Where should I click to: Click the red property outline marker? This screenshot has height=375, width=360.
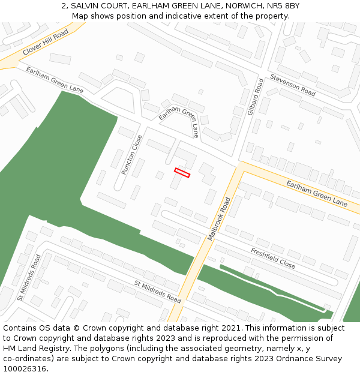pos(182,173)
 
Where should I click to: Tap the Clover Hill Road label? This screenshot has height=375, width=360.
pos(46,43)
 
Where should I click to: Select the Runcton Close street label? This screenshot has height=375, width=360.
pos(132,155)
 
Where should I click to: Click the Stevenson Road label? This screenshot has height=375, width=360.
pos(292,85)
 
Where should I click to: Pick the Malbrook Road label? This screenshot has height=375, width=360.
pos(219,219)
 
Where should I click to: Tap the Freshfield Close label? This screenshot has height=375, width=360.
pos(273,257)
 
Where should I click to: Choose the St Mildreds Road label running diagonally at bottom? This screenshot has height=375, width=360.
pos(157,291)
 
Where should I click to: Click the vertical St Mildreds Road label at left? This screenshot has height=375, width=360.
pos(29,277)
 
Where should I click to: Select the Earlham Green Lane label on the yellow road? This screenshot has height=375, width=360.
pos(317,193)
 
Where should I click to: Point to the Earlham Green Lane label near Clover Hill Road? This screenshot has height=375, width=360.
pos(55,80)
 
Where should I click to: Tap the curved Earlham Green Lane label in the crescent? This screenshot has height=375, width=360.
pos(179,118)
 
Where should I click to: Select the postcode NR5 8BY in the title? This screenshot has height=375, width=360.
pos(281,6)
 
